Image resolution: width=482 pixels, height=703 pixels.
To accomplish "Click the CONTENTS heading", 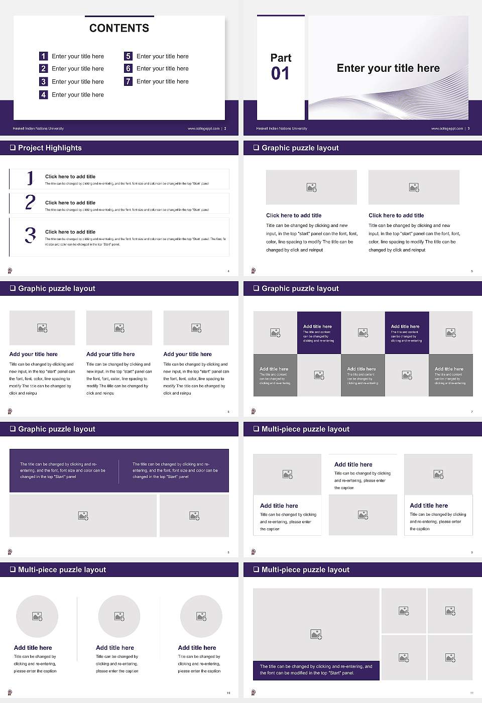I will pyautogui.click(x=119, y=28).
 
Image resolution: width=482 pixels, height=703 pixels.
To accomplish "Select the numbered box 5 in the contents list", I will pyautogui.click(x=128, y=56).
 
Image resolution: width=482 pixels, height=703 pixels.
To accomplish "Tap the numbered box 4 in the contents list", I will pyautogui.click(x=43, y=94).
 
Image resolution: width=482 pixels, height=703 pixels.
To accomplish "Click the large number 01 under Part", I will pyautogui.click(x=280, y=74).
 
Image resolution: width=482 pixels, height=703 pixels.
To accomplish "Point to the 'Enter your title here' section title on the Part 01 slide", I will pyautogui.click(x=388, y=68).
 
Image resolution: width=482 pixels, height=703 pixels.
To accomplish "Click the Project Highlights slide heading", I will pyautogui.click(x=50, y=148).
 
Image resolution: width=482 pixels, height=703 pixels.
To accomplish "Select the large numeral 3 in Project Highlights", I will pyautogui.click(x=30, y=235).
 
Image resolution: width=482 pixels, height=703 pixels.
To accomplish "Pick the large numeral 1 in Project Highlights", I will pyautogui.click(x=30, y=178).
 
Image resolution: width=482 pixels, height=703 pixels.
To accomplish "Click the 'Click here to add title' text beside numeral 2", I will pyautogui.click(x=70, y=203).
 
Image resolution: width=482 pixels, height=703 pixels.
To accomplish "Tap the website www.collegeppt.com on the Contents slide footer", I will pyautogui.click(x=203, y=129).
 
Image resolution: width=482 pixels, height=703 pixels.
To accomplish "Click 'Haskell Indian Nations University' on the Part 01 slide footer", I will pyautogui.click(x=282, y=129).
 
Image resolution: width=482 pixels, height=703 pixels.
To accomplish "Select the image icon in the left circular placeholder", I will pyautogui.click(x=37, y=616).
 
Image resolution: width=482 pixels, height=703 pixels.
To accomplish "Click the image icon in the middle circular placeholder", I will pyautogui.click(x=119, y=616).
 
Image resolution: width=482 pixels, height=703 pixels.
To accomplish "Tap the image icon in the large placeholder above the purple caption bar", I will pyautogui.click(x=316, y=635).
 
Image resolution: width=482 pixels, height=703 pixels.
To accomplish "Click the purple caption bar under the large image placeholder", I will pyautogui.click(x=316, y=670).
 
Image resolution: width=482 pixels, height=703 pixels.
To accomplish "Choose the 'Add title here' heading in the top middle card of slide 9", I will pyautogui.click(x=353, y=464).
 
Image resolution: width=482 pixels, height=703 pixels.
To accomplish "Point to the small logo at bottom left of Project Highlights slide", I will pyautogui.click(x=10, y=271).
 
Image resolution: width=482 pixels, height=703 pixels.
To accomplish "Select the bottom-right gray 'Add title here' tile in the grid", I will pyautogui.click(x=450, y=375).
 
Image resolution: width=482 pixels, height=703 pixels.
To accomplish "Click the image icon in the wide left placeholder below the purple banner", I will pyautogui.click(x=83, y=516).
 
